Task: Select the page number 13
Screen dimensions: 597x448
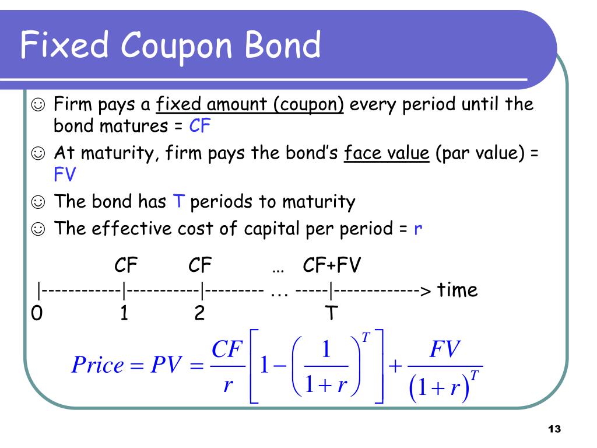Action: (554, 429)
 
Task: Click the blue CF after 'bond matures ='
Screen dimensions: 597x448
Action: (200, 126)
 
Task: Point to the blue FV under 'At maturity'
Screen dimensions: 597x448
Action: (65, 174)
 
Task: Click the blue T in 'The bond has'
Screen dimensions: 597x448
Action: (178, 201)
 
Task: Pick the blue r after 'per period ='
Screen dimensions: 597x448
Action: (417, 229)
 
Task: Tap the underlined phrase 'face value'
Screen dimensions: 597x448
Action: (387, 153)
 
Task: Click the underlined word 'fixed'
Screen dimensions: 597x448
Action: (178, 104)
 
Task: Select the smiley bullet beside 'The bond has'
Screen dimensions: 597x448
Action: (38, 201)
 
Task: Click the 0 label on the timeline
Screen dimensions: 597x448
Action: (37, 313)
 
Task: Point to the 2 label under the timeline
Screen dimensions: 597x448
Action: (199, 313)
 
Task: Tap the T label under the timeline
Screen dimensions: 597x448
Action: (331, 313)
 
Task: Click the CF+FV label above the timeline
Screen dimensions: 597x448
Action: (332, 265)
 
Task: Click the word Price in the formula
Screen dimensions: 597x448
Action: (98, 365)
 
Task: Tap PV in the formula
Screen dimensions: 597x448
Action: (166, 365)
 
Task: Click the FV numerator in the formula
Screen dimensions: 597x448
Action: (445, 349)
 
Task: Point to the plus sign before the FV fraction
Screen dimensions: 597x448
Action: (395, 366)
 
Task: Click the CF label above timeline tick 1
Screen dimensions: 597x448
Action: (126, 265)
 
